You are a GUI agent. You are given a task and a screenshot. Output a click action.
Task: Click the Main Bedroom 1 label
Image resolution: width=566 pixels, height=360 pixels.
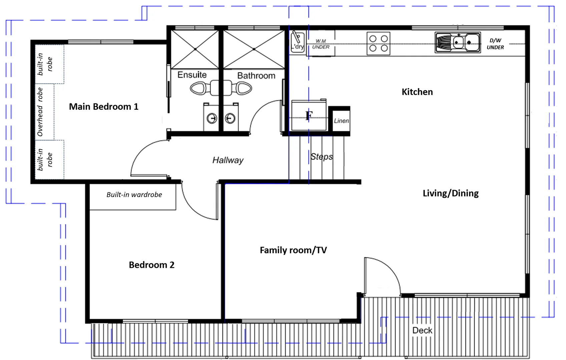pos(104,107)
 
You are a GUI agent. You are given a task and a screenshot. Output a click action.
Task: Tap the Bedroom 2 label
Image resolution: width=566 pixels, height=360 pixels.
pos(152,265)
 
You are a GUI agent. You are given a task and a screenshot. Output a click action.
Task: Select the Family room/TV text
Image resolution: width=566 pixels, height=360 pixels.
pos(294,250)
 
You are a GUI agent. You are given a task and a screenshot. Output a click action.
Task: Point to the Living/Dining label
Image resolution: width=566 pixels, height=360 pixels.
pos(451,193)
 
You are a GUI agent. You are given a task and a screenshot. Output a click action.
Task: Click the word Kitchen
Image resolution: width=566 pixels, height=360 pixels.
pos(417,92)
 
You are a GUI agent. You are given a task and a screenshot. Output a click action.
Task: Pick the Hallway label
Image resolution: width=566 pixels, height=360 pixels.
pos(228,160)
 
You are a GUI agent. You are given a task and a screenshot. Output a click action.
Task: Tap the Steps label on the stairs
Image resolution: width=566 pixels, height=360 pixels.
pos(322,157)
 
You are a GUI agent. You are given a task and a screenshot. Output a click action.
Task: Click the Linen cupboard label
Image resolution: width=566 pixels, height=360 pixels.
pos(342,121)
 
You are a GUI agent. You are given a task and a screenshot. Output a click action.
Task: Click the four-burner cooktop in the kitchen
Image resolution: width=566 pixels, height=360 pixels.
pos(378,43)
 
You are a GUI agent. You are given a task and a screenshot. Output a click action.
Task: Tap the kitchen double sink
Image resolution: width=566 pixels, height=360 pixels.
pos(458,42)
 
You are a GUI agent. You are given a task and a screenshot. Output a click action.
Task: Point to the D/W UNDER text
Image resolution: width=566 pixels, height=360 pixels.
pos(495,44)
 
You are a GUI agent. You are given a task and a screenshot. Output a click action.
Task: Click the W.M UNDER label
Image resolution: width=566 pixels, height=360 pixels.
pos(321,44)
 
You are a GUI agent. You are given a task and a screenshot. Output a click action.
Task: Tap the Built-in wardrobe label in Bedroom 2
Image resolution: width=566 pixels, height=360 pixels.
pos(134,195)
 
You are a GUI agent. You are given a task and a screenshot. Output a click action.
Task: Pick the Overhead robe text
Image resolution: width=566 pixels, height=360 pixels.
pos(40,112)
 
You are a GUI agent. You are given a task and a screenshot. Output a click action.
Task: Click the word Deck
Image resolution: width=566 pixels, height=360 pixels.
pos(422,330)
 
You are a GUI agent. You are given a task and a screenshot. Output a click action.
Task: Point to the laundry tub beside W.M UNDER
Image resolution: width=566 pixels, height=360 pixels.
pos(298,42)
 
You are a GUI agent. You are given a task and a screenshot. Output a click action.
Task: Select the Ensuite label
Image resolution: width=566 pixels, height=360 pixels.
pos(192,75)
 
